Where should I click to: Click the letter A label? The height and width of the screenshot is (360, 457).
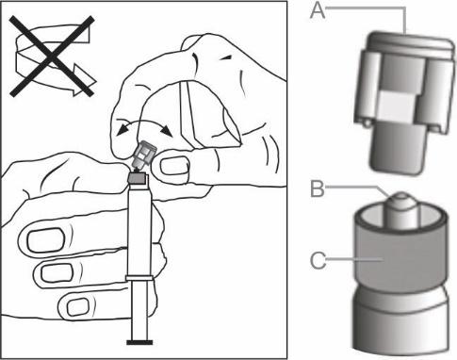318,11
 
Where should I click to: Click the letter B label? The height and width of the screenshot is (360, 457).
317,188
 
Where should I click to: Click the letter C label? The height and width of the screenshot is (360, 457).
318,260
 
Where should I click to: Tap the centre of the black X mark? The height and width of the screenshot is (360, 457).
52,57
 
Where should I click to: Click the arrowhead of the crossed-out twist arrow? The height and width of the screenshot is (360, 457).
84,83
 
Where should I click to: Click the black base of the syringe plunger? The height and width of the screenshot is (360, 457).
139,342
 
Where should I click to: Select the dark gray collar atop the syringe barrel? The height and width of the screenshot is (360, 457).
138,179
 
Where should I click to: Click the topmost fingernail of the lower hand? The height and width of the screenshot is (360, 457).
45,240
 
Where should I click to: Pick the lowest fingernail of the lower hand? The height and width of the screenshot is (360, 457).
77,306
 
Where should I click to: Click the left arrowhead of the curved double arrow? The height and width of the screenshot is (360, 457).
122,129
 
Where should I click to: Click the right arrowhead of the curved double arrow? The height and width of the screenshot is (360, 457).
167,131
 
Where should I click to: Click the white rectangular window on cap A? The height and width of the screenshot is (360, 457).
397,106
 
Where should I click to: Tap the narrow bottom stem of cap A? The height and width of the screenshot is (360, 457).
399,147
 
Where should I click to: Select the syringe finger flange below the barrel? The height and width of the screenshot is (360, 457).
139,278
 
